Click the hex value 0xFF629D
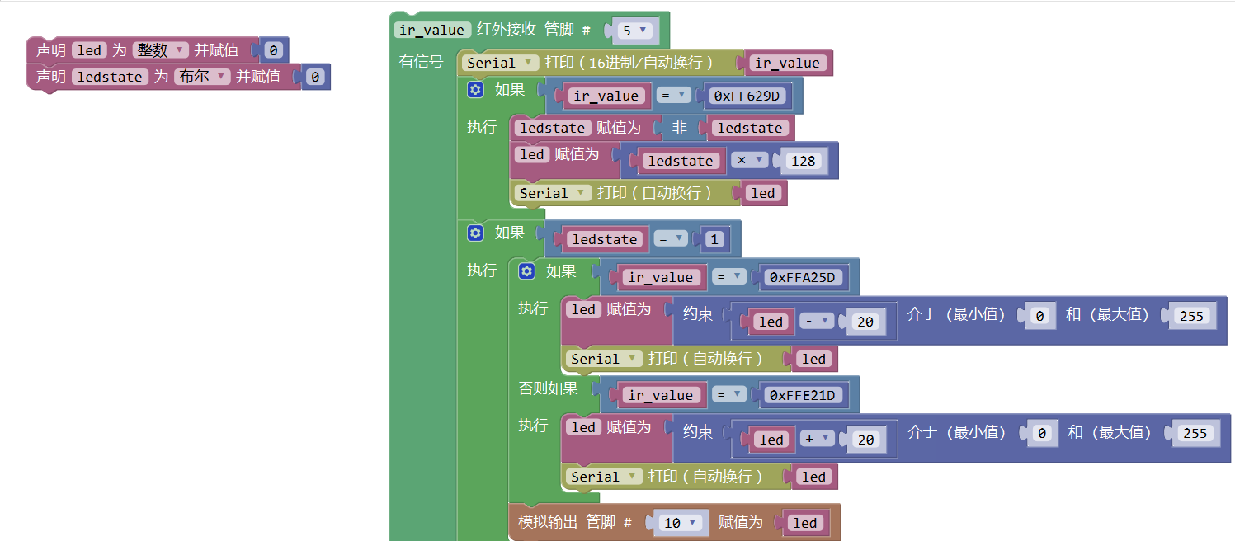[747, 96]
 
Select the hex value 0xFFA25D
[802, 278]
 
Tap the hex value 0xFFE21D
[802, 396]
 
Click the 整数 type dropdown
[161, 50]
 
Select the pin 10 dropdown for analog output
[682, 523]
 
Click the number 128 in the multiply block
[803, 161]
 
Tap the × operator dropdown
[748, 160]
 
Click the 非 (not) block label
[679, 128]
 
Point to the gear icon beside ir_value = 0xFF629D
[474, 90]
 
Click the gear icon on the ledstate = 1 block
[474, 233]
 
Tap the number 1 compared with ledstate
[714, 239]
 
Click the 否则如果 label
[548, 388]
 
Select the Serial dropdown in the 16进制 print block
[502, 63]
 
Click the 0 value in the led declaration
[273, 50]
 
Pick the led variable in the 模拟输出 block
[804, 523]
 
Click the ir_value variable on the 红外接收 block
[431, 30]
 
